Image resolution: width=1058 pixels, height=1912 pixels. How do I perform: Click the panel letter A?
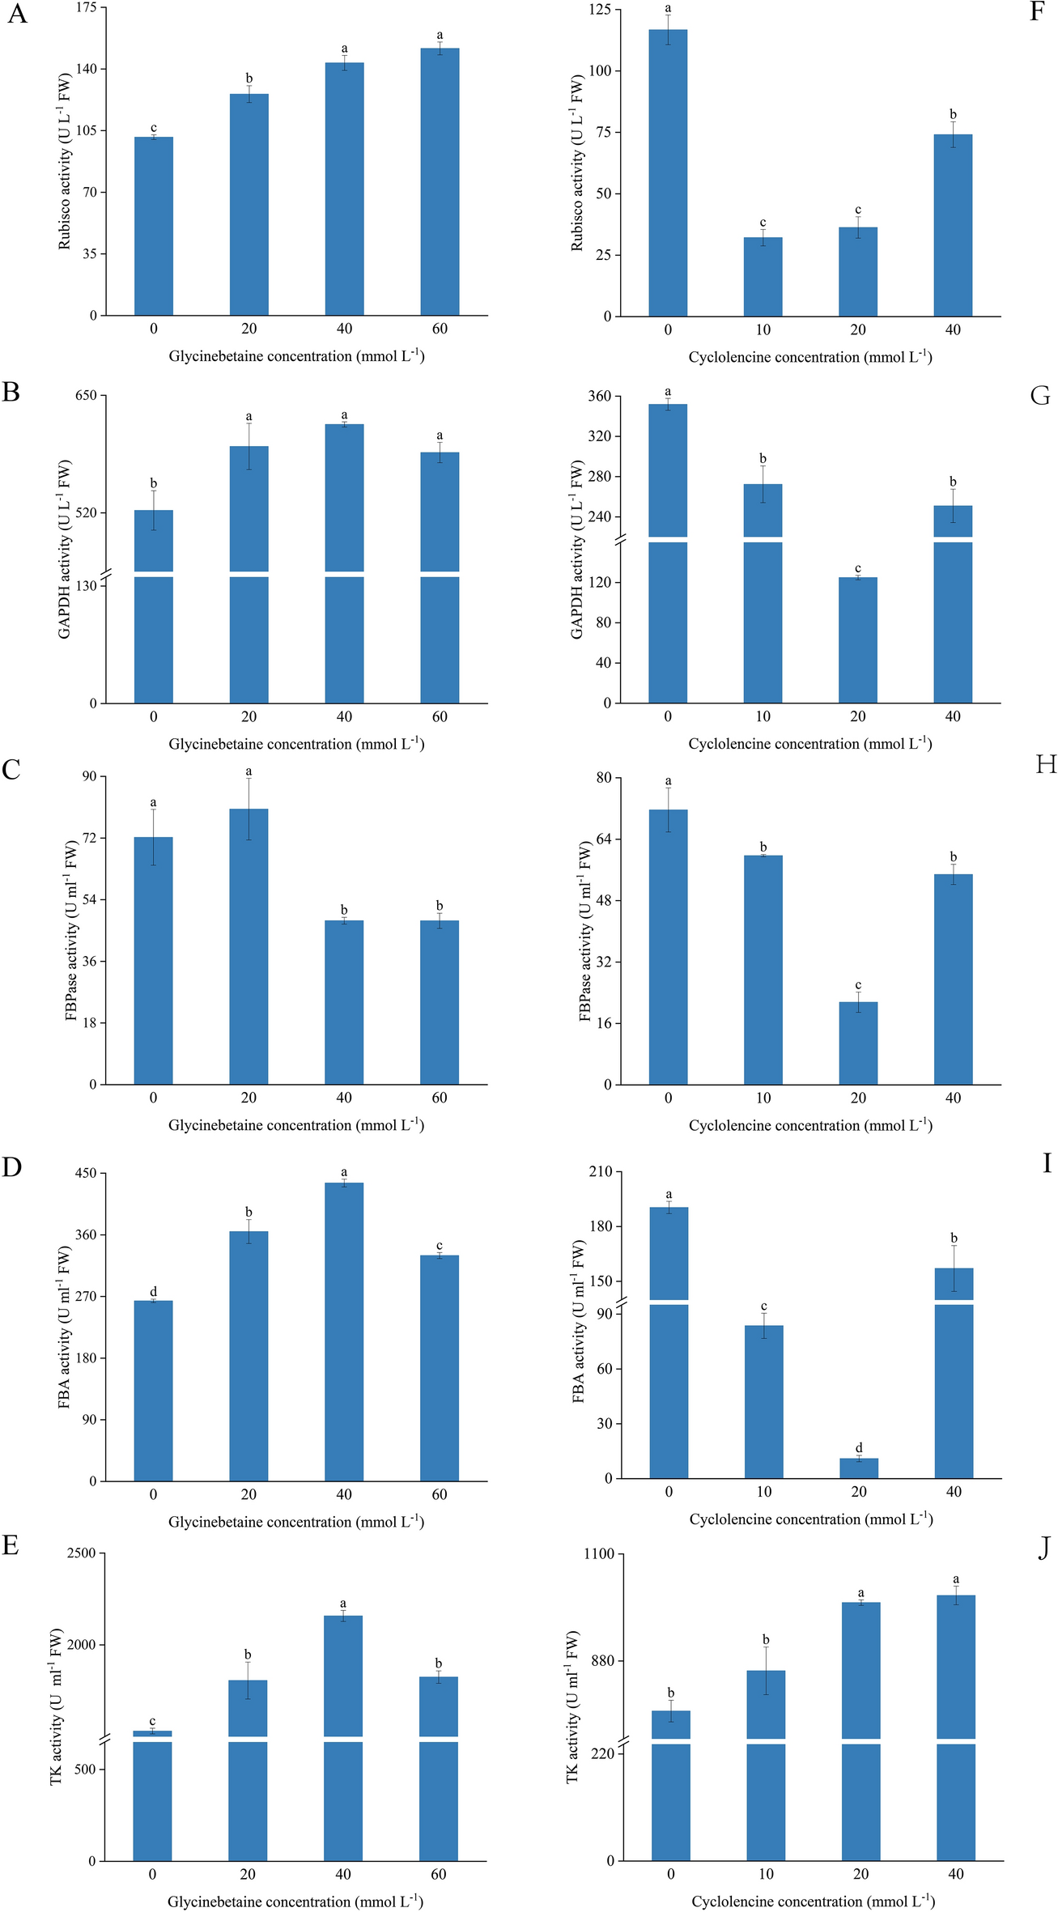pyautogui.click(x=17, y=15)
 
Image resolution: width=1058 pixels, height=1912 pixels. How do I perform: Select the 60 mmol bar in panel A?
pyautogui.click(x=440, y=182)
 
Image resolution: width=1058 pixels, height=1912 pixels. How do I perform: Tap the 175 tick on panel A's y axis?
pyautogui.click(x=86, y=7)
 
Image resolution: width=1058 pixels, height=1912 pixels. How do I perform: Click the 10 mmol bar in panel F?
pyautogui.click(x=763, y=277)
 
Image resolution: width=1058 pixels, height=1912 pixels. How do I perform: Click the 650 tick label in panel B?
pyautogui.click(x=86, y=395)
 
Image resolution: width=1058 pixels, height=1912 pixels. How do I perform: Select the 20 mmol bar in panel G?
pyautogui.click(x=858, y=639)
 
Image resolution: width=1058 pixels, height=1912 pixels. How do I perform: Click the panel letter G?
pyautogui.click(x=1040, y=396)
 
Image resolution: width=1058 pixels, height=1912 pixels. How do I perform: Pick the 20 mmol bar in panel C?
pyautogui.click(x=249, y=947)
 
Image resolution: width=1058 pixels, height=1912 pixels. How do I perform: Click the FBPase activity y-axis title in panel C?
pyautogui.click(x=71, y=930)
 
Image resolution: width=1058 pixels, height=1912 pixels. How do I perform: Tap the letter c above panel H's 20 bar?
pyautogui.click(x=858, y=985)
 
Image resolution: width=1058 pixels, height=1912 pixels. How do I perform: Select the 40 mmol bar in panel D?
pyautogui.click(x=344, y=1332)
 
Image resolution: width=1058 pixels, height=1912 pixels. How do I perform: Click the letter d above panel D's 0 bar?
pyautogui.click(x=153, y=1291)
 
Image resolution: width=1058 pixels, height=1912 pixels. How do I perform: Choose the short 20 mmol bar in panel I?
pyautogui.click(x=859, y=1468)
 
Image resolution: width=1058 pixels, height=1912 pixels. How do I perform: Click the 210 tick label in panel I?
pyautogui.click(x=600, y=1171)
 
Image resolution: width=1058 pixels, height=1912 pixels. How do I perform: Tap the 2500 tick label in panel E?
pyautogui.click(x=81, y=1553)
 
